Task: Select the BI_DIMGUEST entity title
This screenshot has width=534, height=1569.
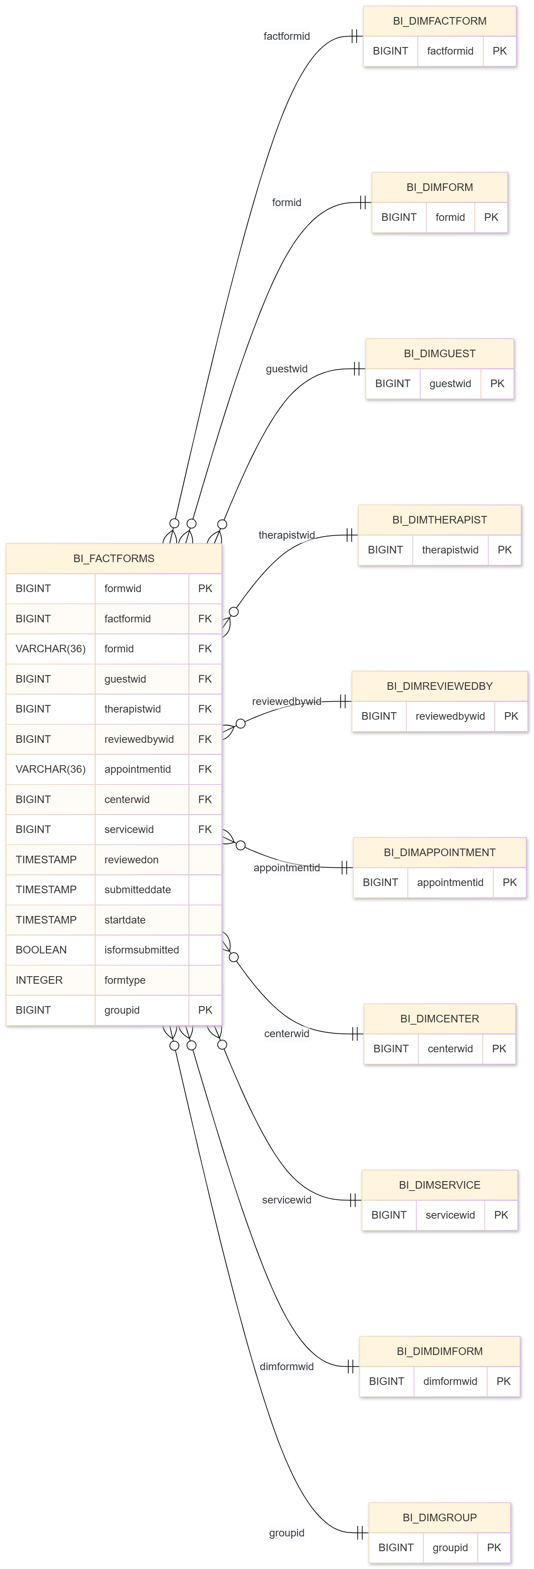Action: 440,354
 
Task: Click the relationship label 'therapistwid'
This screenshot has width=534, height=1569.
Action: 287,535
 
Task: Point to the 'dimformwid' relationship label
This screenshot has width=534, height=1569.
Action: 287,1367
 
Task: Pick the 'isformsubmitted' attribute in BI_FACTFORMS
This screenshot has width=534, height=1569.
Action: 141,950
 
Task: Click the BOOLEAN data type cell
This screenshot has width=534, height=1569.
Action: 41,950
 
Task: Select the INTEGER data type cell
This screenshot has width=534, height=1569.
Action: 39,980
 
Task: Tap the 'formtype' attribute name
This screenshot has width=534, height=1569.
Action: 125,980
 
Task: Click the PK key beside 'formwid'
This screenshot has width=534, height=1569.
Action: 205,588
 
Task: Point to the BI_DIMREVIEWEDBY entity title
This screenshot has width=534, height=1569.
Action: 440,686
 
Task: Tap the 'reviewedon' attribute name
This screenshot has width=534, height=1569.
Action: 131,860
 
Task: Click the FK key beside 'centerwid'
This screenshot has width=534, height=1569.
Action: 205,800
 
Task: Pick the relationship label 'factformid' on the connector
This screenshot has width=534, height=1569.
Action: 287,36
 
